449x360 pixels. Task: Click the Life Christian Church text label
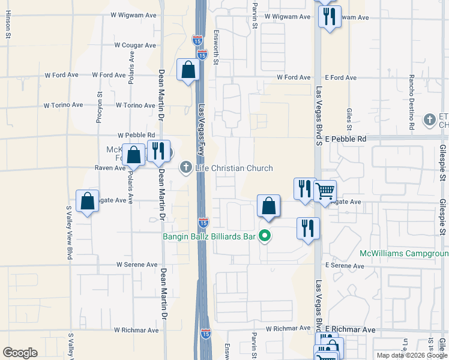click(x=234, y=169)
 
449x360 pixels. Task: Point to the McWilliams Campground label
click(x=403, y=253)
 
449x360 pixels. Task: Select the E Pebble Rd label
click(x=346, y=139)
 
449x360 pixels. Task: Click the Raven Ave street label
click(x=110, y=169)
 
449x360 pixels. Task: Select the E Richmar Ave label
click(x=351, y=330)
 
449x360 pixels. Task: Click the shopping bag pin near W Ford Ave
click(x=188, y=70)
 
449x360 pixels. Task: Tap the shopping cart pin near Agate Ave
click(x=325, y=191)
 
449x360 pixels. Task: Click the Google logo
click(x=20, y=353)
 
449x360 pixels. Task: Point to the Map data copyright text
click(x=411, y=355)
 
